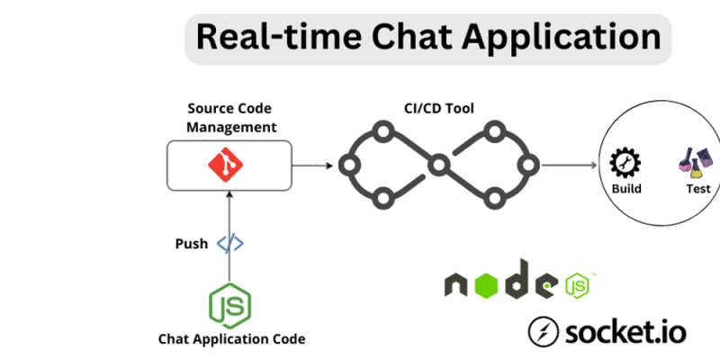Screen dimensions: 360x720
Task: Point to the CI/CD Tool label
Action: [x=437, y=109]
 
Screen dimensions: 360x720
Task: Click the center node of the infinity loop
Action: [x=438, y=165]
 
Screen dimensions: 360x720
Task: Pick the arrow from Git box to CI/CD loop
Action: [x=310, y=166]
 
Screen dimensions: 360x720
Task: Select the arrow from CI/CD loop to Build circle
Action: [x=571, y=166]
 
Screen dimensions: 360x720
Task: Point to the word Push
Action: [x=191, y=244]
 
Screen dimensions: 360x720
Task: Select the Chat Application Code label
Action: [x=231, y=339]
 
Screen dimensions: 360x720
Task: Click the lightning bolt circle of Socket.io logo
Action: [x=544, y=330]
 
